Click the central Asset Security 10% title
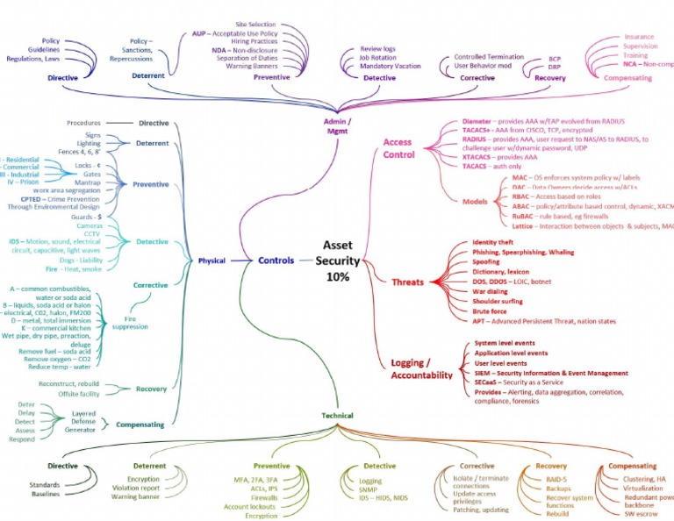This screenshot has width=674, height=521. click(x=337, y=260)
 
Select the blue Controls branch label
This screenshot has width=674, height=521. click(x=276, y=260)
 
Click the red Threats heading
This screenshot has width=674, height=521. click(x=407, y=282)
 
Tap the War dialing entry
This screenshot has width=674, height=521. click(x=491, y=291)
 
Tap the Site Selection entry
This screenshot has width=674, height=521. click(x=256, y=25)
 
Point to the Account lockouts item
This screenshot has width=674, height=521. click(x=250, y=507)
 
